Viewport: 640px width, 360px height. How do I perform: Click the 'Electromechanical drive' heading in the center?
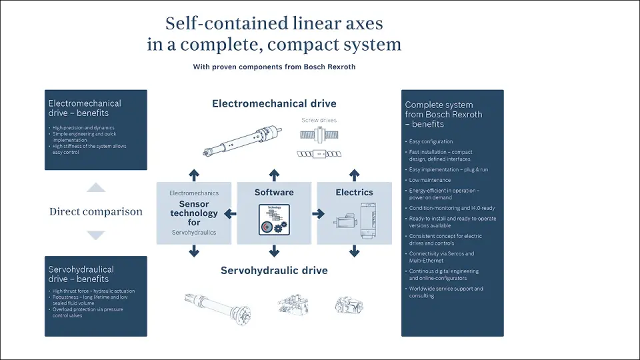pyautogui.click(x=274, y=103)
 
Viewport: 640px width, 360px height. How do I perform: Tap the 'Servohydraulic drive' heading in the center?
pyautogui.click(x=274, y=270)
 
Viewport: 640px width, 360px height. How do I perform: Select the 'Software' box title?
pyautogui.click(x=274, y=192)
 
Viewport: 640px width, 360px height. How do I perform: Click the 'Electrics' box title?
pyautogui.click(x=354, y=192)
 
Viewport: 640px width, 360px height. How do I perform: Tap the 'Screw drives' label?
pyautogui.click(x=319, y=120)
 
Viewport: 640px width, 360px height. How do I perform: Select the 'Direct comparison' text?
pyautogui.click(x=96, y=211)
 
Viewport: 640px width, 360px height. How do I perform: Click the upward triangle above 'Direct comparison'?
pyautogui.click(x=96, y=188)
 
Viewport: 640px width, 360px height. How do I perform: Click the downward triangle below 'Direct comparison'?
pyautogui.click(x=96, y=235)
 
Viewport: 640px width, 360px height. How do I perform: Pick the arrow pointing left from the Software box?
pyautogui.click(x=229, y=214)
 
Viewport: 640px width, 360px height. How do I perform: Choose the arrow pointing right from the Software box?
pyautogui.click(x=318, y=214)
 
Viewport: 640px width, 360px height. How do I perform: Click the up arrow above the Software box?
pyautogui.click(x=274, y=175)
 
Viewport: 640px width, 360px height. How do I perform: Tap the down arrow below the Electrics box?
pyautogui.click(x=354, y=251)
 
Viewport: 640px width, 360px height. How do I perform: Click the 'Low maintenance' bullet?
pyautogui.click(x=430, y=180)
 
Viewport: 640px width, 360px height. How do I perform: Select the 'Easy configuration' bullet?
pyautogui.click(x=431, y=141)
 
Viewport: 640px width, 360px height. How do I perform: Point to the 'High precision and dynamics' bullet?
pyautogui.click(x=83, y=127)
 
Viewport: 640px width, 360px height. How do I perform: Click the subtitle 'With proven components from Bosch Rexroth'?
pyautogui.click(x=274, y=67)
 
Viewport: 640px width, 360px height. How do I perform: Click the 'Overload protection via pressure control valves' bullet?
pyautogui.click(x=87, y=312)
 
